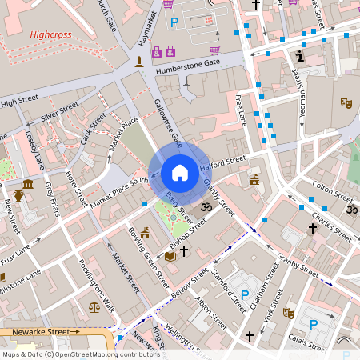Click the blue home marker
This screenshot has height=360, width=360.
click(x=180, y=172)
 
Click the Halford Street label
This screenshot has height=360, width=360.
click(x=222, y=162)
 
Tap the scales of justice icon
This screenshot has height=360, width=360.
click(x=94, y=305)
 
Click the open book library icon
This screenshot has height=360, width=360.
click(x=169, y=256)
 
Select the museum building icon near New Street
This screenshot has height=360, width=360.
click(x=28, y=185)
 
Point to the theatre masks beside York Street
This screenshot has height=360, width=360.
click(x=289, y=314)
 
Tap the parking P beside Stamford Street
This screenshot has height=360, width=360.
click(x=244, y=295)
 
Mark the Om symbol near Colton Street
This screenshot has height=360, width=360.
click(x=350, y=210)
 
